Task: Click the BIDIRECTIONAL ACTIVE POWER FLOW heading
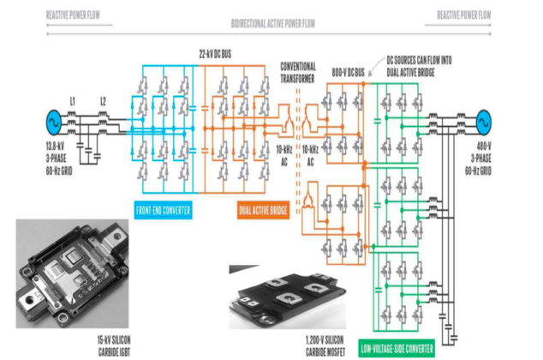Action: [271, 23]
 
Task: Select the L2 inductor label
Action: [103, 102]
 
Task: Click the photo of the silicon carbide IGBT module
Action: [72, 273]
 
